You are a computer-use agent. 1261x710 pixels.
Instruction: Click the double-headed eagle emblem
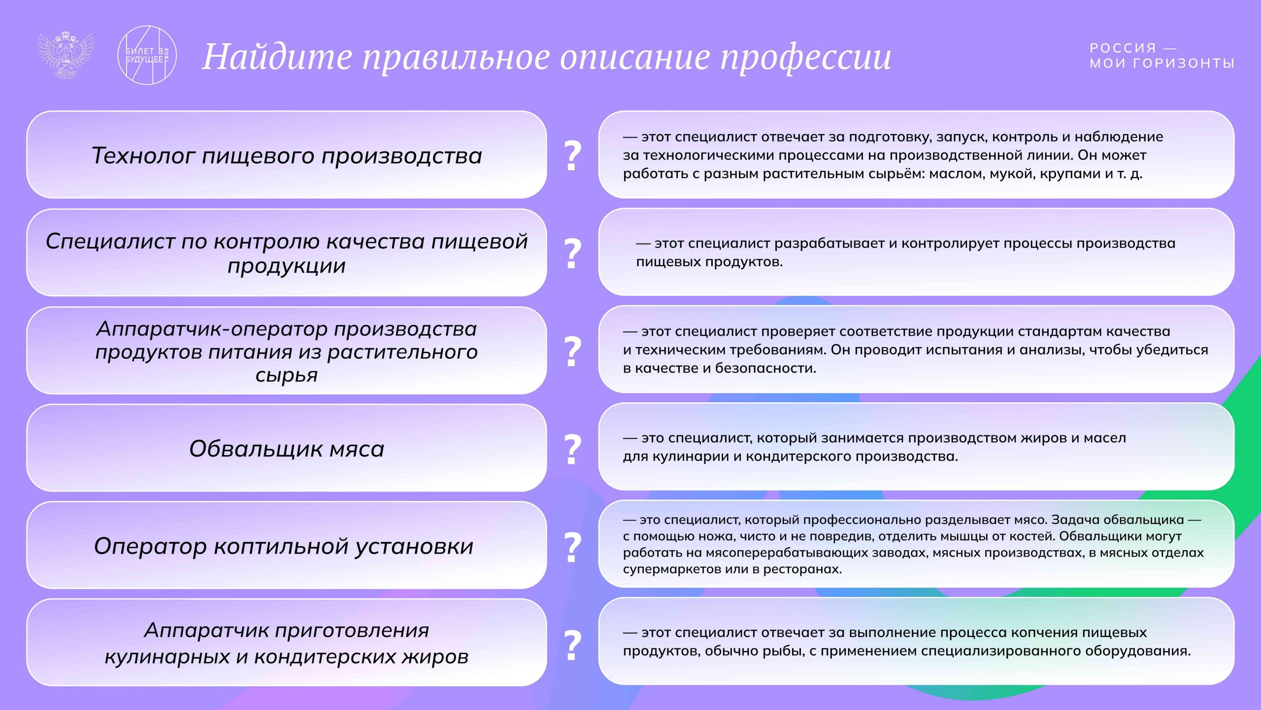pyautogui.click(x=66, y=55)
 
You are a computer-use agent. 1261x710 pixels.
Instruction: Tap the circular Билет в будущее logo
pyautogui.click(x=147, y=55)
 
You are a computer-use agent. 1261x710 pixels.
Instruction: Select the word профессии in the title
pyautogui.click(x=806, y=58)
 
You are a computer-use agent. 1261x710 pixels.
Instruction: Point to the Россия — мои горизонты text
pyautogui.click(x=1161, y=55)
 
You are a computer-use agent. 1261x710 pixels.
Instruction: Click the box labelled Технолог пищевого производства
pyautogui.click(x=287, y=155)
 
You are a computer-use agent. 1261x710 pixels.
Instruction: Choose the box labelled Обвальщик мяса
pyautogui.click(x=287, y=449)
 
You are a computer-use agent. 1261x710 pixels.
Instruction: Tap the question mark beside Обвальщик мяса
pyautogui.click(x=572, y=449)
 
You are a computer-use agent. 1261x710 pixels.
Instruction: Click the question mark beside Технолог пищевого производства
pyautogui.click(x=572, y=156)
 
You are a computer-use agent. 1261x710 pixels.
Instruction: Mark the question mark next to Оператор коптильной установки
pyautogui.click(x=572, y=547)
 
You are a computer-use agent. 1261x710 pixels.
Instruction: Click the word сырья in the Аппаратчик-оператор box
pyautogui.click(x=287, y=376)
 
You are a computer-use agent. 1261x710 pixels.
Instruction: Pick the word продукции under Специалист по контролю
pyautogui.click(x=287, y=266)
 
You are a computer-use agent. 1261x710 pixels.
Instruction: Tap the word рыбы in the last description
pyautogui.click(x=789, y=651)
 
